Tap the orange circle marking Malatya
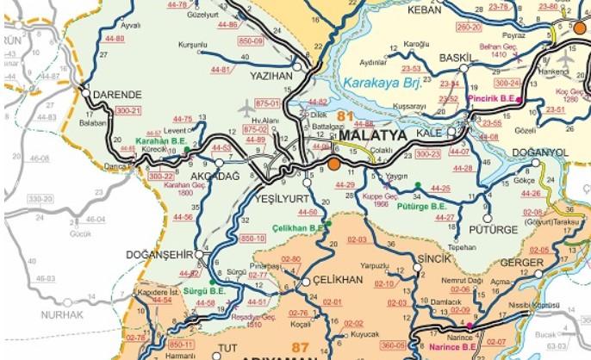tap(333, 164)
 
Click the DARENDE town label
tap(113, 94)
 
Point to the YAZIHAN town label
tap(272, 76)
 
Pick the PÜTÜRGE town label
tap(494, 230)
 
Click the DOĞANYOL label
tap(538, 152)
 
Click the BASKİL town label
tap(456, 59)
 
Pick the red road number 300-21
tap(128, 111)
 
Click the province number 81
tap(346, 115)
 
